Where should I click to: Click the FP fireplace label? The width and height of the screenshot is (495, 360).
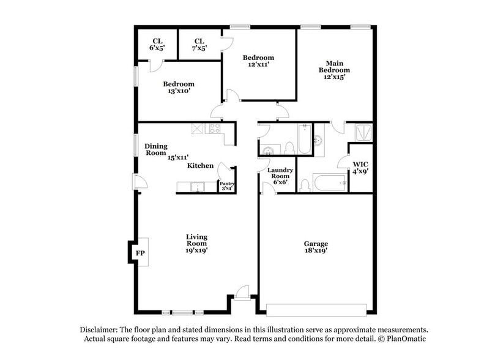coord(140,252)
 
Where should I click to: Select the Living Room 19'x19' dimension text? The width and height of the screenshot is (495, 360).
coord(197,250)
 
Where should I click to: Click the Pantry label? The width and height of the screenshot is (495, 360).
coord(227,186)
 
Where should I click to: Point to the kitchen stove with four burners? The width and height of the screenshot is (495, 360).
coord(215,129)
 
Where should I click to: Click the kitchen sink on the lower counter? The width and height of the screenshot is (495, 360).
coord(196,187)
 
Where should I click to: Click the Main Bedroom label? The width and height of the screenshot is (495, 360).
coord(334,67)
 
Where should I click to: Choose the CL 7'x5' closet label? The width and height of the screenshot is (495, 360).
coord(199,45)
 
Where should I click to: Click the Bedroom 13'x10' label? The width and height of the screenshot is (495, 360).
coord(179,88)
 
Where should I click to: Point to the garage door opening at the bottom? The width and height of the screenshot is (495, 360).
coord(316,309)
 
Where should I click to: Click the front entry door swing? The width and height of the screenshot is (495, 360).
coord(243,292)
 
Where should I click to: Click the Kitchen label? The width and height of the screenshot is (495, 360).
coord(200,165)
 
